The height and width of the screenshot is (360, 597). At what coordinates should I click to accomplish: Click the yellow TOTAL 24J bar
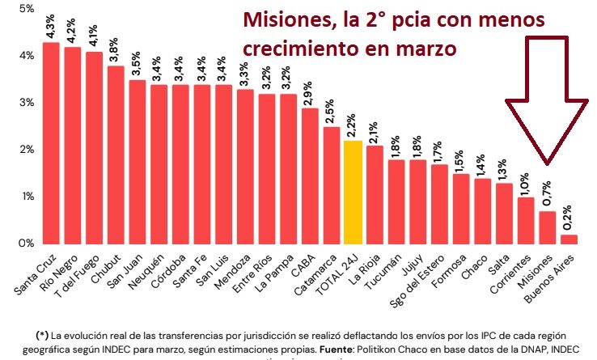tap(353, 192)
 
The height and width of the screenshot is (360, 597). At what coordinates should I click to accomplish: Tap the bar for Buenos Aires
tap(570, 239)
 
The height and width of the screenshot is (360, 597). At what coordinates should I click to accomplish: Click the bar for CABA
tap(309, 176)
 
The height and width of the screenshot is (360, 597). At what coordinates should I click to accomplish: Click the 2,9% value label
tap(309, 93)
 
